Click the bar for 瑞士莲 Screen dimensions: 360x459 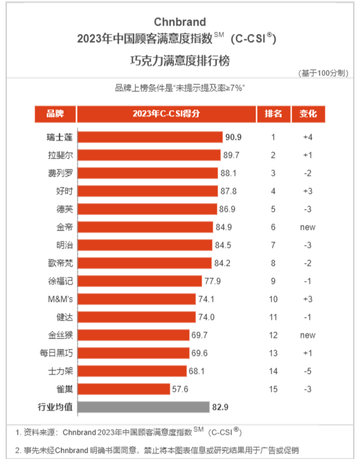[x=150, y=137]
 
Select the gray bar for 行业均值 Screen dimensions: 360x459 [x=144, y=407]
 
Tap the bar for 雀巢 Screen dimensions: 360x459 [x=124, y=389]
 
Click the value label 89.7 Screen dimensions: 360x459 [x=231, y=155]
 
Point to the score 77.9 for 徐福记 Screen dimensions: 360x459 [x=213, y=281]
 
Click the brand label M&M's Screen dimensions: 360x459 [x=60, y=299]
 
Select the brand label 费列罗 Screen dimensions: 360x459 [x=60, y=173]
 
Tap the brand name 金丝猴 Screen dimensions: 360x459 [x=60, y=335]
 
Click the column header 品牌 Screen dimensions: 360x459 [x=55, y=114]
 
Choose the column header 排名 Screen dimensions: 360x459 [x=273, y=114]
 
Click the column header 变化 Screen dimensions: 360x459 [x=308, y=114]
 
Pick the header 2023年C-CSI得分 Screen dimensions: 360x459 [x=166, y=114]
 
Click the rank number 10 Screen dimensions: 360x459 [x=273, y=299]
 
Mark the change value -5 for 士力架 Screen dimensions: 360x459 [x=307, y=371]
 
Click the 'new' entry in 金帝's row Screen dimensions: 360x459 [x=308, y=228]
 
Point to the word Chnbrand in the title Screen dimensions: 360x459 [x=180, y=22]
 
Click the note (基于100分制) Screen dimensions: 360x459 [x=323, y=73]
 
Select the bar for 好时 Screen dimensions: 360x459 [x=147, y=191]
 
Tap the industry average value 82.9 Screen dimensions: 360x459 [x=220, y=407]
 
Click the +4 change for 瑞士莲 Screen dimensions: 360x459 [x=307, y=137]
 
